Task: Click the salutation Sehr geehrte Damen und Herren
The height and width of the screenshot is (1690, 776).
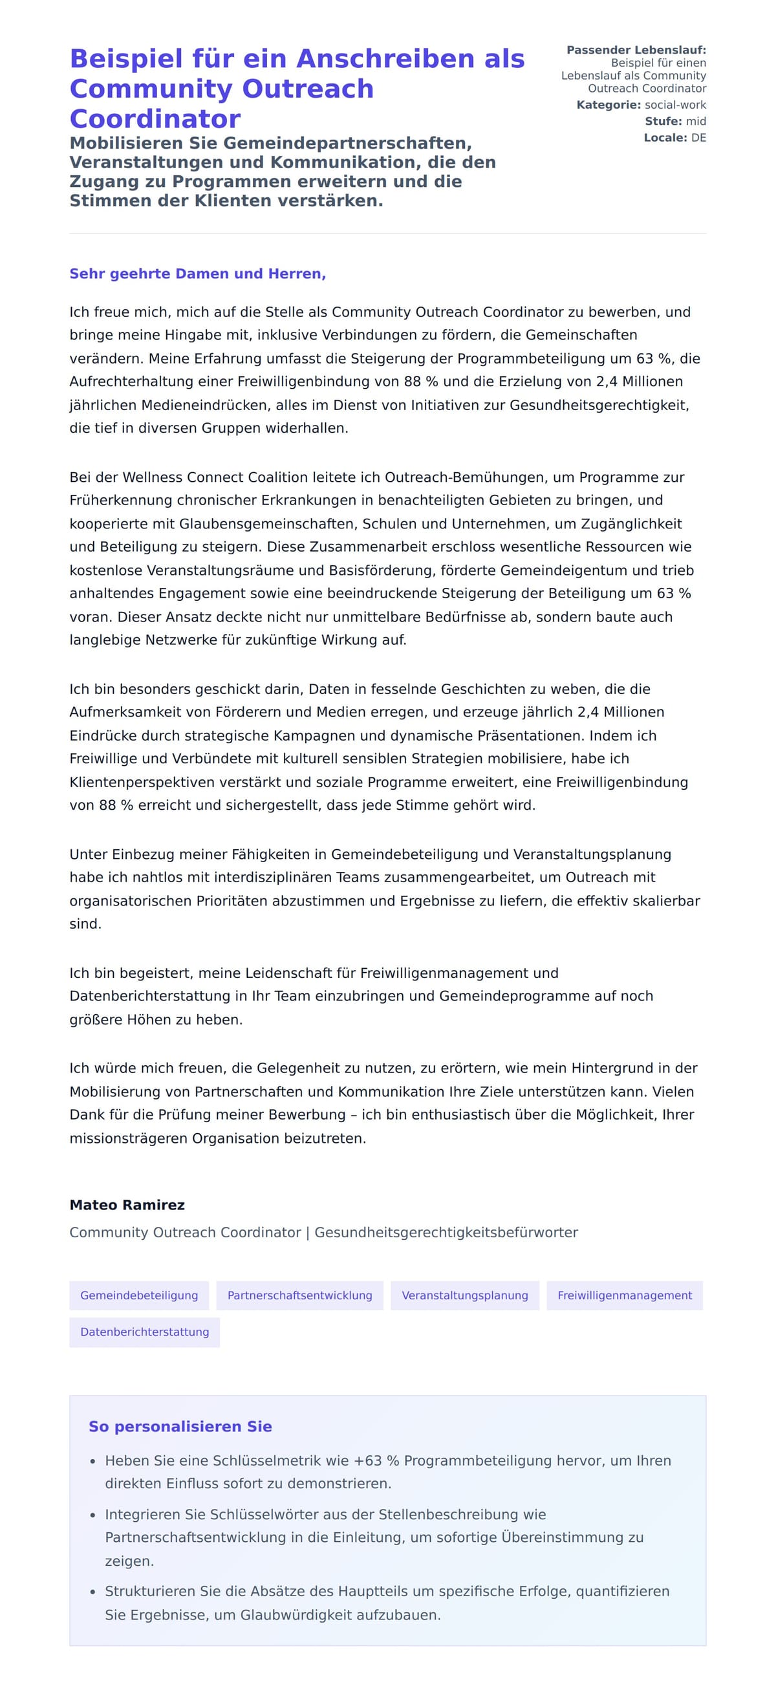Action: tap(197, 274)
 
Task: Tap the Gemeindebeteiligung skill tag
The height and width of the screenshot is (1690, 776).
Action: tap(139, 1295)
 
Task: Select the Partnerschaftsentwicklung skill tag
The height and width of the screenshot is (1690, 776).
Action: tap(300, 1295)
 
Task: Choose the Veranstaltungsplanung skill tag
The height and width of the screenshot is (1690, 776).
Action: tap(464, 1295)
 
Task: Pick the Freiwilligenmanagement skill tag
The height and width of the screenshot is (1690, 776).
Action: tap(625, 1295)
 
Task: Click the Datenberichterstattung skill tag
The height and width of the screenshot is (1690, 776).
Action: tap(144, 1332)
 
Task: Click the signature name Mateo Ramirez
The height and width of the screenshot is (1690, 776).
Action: tap(127, 1204)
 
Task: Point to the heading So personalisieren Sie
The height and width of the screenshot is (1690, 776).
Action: tap(180, 1426)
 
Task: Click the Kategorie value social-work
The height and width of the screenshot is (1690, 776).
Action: tap(675, 105)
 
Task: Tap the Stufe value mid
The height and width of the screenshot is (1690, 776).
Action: tap(695, 122)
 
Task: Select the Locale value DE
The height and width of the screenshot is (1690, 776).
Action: tap(698, 138)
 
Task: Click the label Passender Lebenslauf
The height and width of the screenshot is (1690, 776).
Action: tap(636, 50)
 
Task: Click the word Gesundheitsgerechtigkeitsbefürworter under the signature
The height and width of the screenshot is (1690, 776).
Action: tap(446, 1232)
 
